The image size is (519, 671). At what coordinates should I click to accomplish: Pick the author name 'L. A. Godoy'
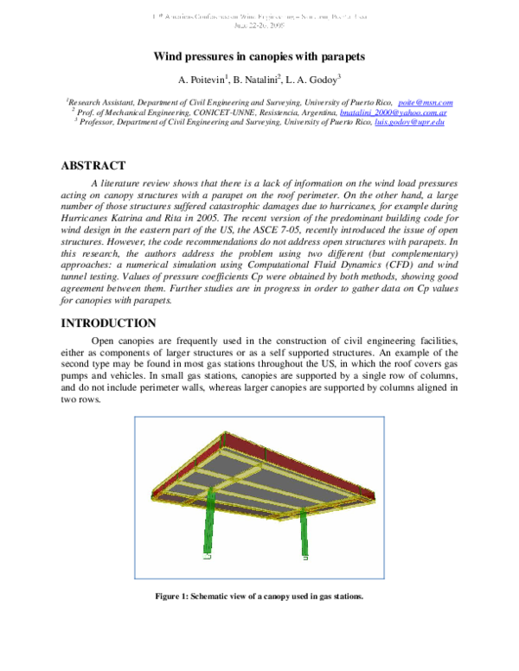tap(312, 80)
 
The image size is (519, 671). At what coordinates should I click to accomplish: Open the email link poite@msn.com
tap(425, 102)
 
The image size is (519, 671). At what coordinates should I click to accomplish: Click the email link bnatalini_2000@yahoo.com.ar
tap(393, 112)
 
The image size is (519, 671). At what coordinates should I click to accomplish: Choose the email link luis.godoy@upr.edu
tap(409, 124)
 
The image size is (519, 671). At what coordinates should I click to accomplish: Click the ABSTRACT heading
tap(93, 166)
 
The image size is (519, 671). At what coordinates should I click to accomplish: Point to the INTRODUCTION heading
tap(108, 323)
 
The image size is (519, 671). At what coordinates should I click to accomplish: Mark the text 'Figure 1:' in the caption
tap(171, 597)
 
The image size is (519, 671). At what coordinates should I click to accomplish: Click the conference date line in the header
tap(259, 25)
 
